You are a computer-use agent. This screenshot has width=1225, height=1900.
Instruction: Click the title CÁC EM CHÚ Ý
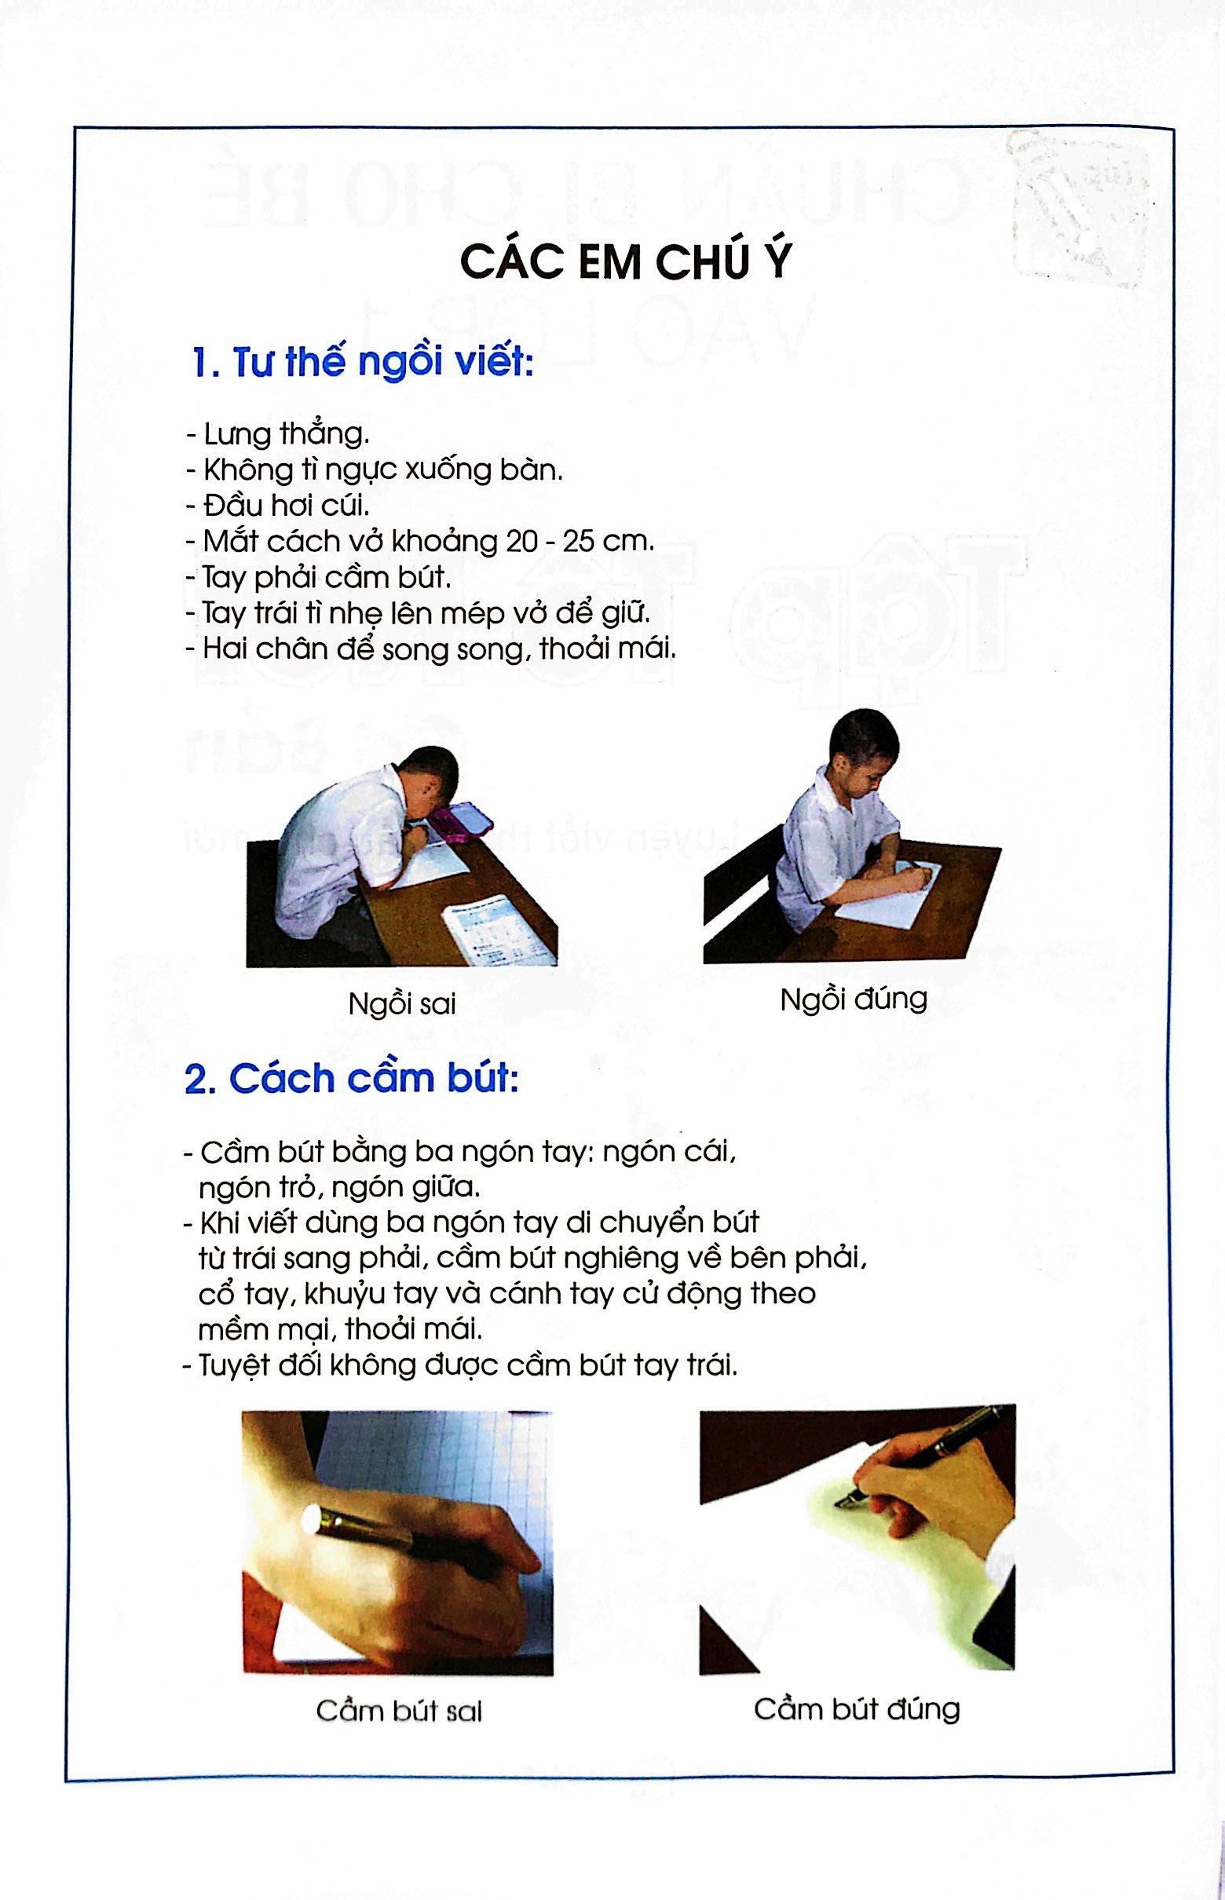[626, 261]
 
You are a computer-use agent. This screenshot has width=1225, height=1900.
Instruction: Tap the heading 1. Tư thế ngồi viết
[362, 364]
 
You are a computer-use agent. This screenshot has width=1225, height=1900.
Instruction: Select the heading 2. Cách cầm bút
[351, 1080]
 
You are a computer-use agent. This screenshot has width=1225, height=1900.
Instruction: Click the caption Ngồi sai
[402, 1003]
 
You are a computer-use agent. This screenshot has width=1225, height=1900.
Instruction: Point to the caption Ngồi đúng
[853, 999]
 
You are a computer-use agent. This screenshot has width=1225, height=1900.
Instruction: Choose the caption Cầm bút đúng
[856, 1708]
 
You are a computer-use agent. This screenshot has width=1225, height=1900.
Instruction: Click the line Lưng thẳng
[279, 434]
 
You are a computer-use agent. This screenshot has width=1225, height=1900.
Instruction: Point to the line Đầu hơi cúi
[279, 506]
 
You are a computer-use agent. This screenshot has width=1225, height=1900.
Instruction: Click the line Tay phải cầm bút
[318, 577]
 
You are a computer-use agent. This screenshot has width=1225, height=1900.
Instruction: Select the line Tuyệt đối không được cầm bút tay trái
[461, 1366]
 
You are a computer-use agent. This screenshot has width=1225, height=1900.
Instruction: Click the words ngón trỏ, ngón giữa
[340, 1187]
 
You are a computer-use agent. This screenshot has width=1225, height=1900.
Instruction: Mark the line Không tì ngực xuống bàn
[375, 470]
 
